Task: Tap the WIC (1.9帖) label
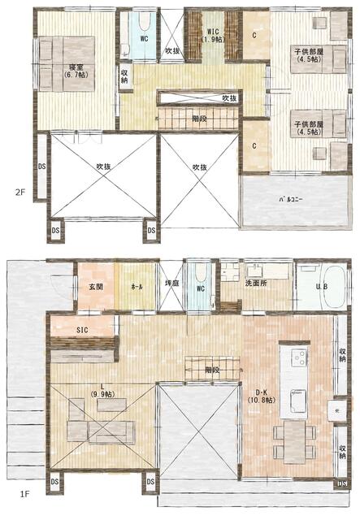click(x=213, y=35)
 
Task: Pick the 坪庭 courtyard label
click(x=171, y=284)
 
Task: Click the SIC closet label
click(x=82, y=331)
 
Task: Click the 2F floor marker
click(x=20, y=193)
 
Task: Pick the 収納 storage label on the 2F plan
click(x=124, y=77)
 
